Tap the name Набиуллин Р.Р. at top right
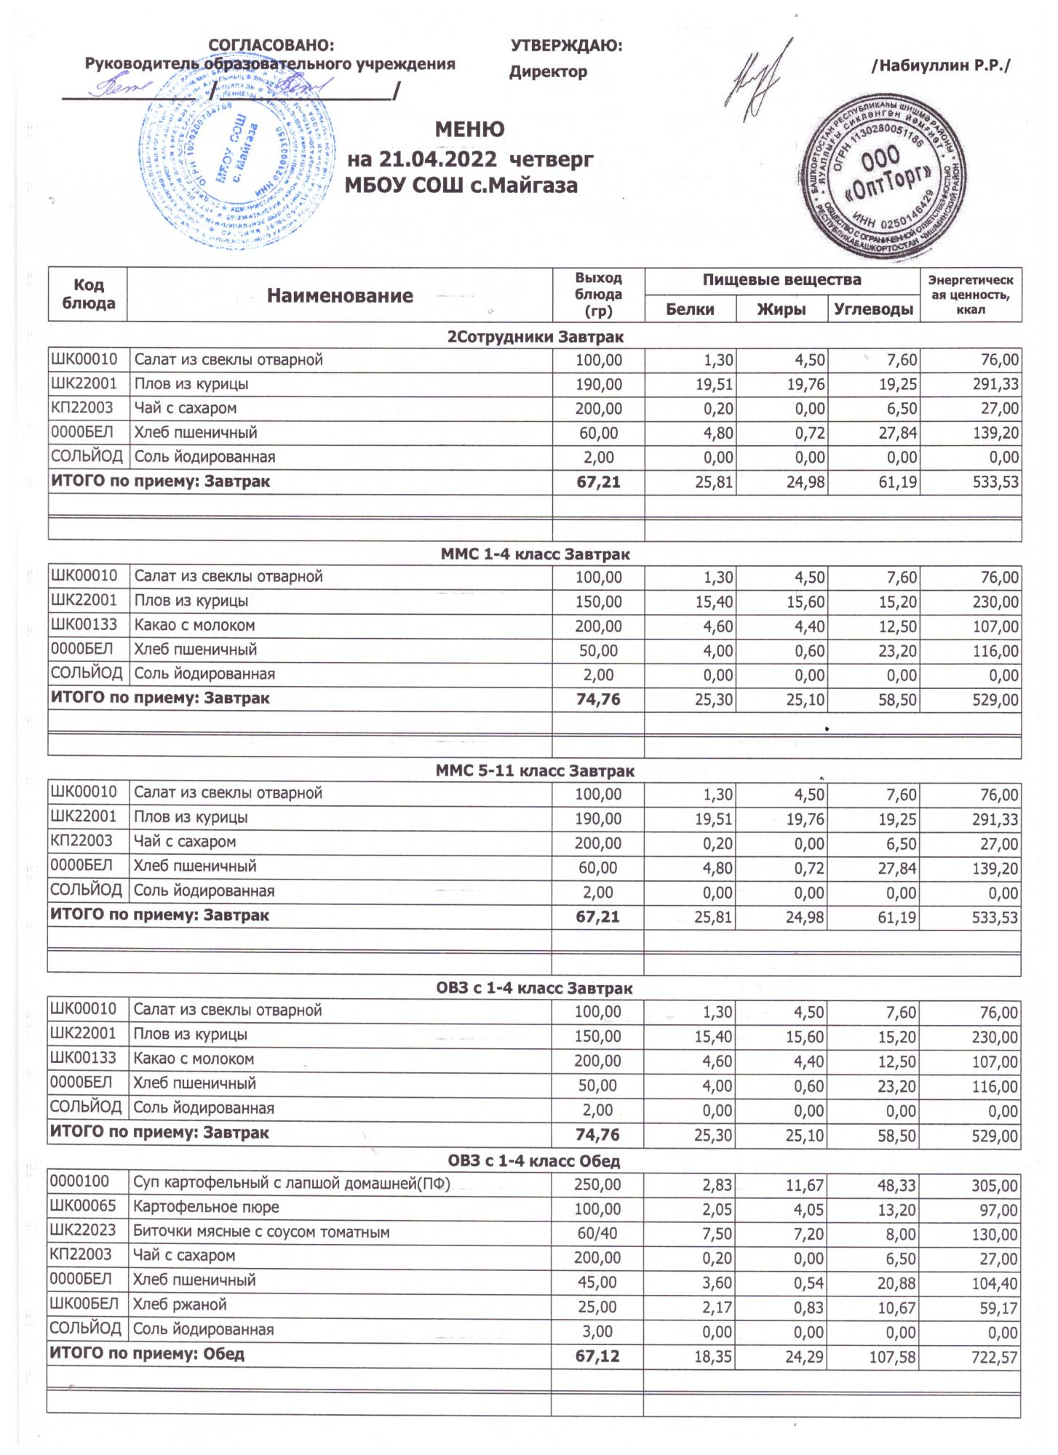click(x=941, y=66)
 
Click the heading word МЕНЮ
click(x=469, y=130)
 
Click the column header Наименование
click(x=340, y=295)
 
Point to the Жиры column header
click(x=781, y=309)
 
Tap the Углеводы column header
click(x=873, y=309)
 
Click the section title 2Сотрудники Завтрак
click(x=535, y=337)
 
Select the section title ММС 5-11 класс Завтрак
click(x=535, y=770)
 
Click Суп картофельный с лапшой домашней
click(x=291, y=1184)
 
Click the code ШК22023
click(x=83, y=1232)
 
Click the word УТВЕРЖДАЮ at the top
click(x=567, y=47)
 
